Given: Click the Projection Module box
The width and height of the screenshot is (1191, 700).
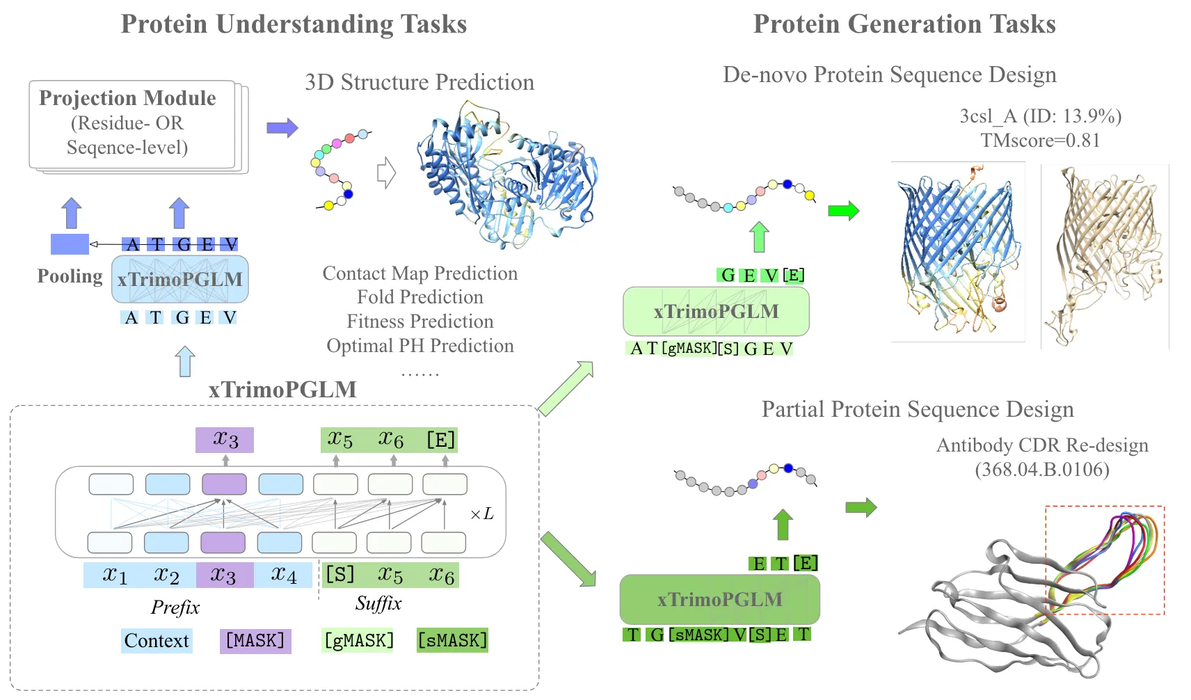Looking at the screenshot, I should [132, 124].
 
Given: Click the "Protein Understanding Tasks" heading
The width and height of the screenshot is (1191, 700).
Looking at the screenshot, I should [294, 24].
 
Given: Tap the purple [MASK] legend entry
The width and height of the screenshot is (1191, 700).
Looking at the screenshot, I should [255, 640].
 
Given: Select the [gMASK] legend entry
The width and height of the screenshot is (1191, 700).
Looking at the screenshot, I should [358, 640].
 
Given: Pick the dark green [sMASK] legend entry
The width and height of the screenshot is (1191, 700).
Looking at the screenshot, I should [452, 640].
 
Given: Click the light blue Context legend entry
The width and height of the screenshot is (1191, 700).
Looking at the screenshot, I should [157, 640].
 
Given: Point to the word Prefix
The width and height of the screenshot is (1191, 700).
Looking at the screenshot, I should [175, 607].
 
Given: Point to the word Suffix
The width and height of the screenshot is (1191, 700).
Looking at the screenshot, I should [378, 603].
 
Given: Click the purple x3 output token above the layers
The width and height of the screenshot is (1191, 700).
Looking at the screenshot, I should [225, 440].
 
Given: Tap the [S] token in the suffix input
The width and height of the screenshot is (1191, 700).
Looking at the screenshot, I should [340, 575].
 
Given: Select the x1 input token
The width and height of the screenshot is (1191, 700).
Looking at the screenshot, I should [115, 575].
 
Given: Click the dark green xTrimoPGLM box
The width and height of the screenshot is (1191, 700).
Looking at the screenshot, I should [719, 599].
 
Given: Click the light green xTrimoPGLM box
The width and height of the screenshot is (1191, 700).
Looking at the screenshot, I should [716, 311].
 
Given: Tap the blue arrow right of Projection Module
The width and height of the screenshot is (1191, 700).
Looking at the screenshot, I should [282, 127].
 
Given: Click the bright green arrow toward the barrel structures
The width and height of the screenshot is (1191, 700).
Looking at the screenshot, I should [843, 210].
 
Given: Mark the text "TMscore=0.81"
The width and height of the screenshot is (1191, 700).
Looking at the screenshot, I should [1040, 141].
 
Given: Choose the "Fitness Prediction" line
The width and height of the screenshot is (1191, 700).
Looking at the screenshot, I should [420, 321].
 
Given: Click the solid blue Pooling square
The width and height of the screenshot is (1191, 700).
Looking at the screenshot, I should [70, 244].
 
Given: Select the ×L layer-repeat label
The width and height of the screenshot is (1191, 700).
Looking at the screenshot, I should [482, 514].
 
